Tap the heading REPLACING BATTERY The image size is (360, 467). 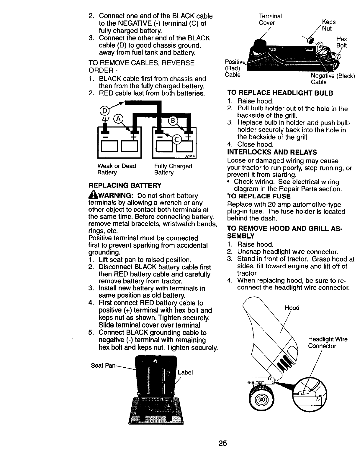click(125, 185)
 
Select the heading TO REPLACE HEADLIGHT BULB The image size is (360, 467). click(280, 93)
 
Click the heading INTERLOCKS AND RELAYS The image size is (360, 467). click(272, 152)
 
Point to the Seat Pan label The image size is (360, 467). click(103, 366)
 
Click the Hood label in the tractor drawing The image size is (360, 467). click(292, 308)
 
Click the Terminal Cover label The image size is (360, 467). click(270, 19)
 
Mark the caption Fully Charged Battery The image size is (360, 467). click(173, 169)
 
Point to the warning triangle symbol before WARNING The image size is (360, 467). click(91, 195)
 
